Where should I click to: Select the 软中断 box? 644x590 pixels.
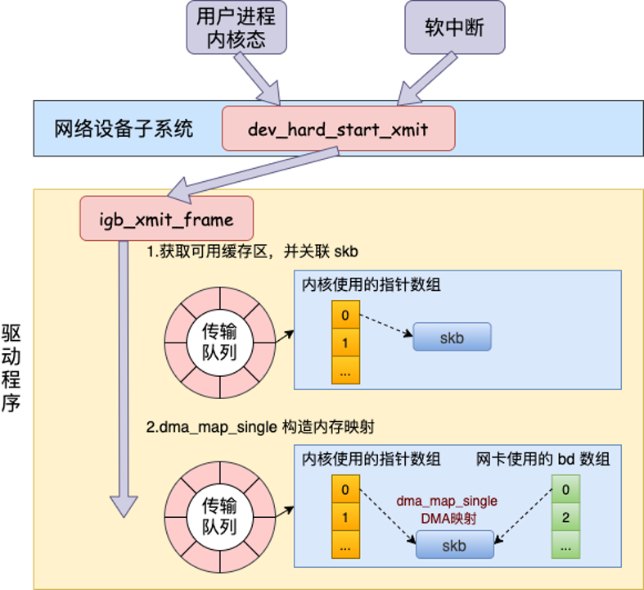[x=454, y=28]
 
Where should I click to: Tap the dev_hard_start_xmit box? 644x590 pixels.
[x=338, y=129]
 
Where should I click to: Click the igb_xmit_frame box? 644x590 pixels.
[x=166, y=219]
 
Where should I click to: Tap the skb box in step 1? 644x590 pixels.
[x=452, y=338]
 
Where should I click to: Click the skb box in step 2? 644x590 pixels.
[x=454, y=544]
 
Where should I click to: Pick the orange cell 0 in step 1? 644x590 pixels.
[x=345, y=315]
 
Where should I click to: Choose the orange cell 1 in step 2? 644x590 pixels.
[x=345, y=517]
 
